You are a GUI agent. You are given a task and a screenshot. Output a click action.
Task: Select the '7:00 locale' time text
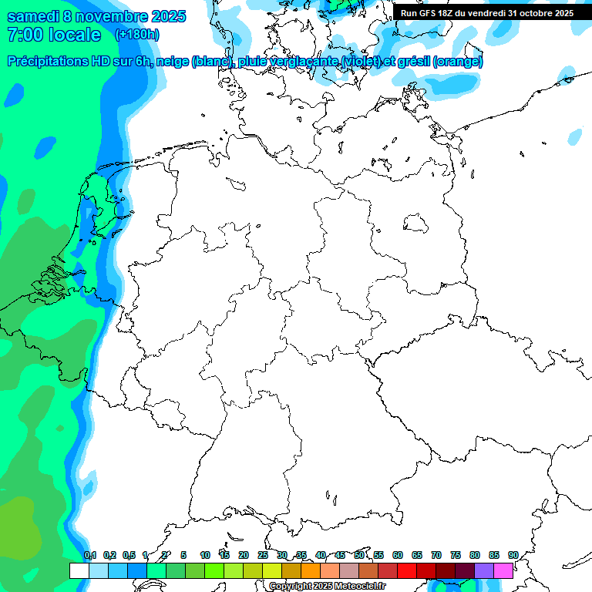(x=53, y=35)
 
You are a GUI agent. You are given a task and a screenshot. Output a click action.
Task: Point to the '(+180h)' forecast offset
(x=136, y=35)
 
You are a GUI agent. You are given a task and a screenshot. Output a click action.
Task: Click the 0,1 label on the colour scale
(x=90, y=555)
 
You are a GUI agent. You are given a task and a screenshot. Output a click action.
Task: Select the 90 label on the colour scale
(x=513, y=555)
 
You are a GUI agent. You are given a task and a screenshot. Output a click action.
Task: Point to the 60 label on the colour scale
(x=398, y=555)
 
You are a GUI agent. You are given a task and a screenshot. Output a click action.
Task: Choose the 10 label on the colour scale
(x=205, y=555)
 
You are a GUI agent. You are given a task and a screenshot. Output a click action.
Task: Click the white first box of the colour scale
(x=79, y=570)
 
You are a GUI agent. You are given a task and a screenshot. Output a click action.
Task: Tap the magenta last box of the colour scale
(x=503, y=570)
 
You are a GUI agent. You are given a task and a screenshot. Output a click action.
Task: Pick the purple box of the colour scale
(x=484, y=570)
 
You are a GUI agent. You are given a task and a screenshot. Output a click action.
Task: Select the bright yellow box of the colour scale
(x=271, y=570)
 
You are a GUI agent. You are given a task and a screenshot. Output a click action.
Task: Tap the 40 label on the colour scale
(x=321, y=555)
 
